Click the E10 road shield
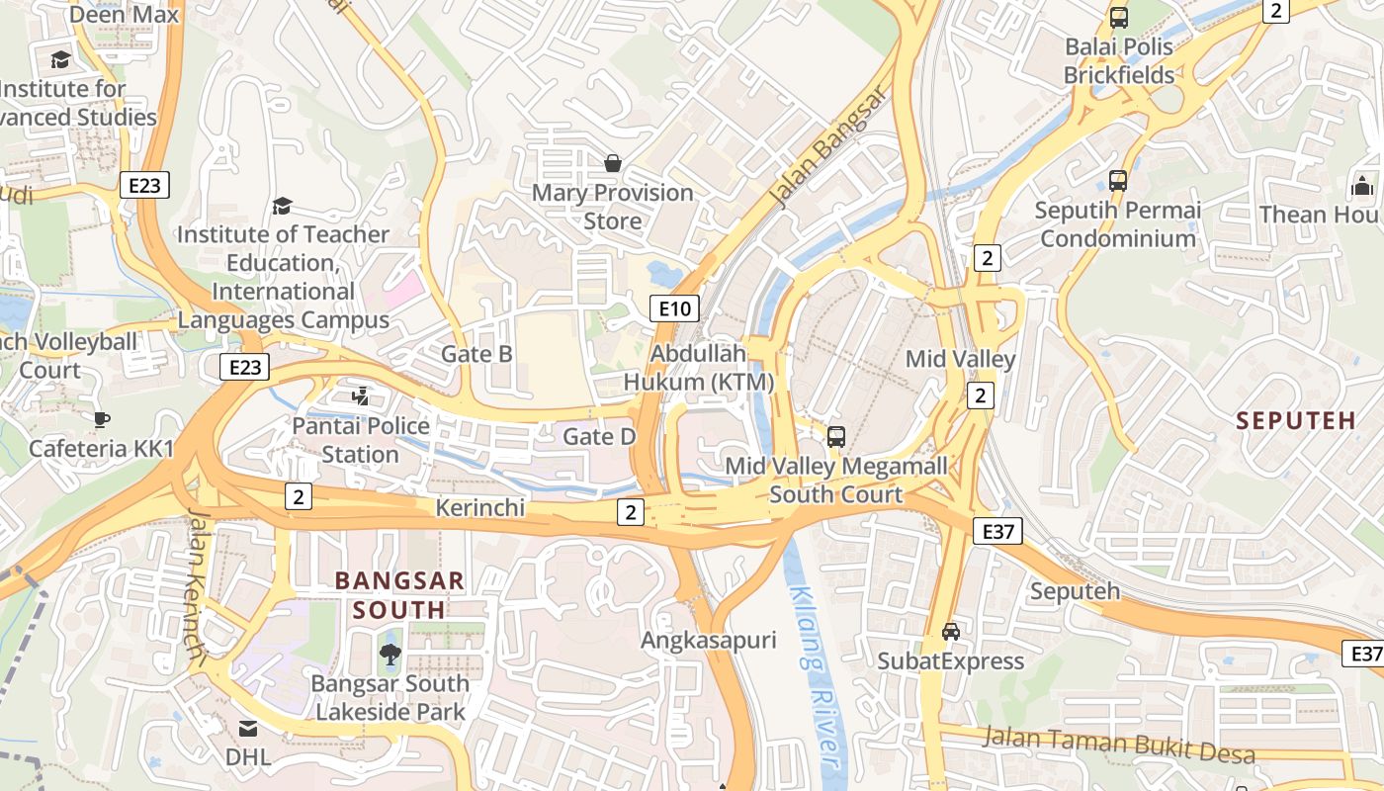pyautogui.click(x=675, y=308)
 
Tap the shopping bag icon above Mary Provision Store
pyautogui.click(x=613, y=162)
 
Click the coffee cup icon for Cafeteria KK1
pyautogui.click(x=101, y=419)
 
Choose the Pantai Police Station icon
pyautogui.click(x=361, y=396)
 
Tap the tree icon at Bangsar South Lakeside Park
pyautogui.click(x=389, y=653)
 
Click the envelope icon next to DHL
pyautogui.click(x=247, y=729)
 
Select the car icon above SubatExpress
pyautogui.click(x=950, y=631)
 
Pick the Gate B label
pyautogui.click(x=476, y=354)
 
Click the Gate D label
pyautogui.click(x=599, y=436)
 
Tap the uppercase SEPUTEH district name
pyautogui.click(x=1296, y=420)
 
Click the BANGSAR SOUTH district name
pyautogui.click(x=399, y=594)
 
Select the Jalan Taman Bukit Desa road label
pyautogui.click(x=1119, y=745)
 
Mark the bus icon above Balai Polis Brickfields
pyautogui.click(x=1119, y=17)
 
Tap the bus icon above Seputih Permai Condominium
pyautogui.click(x=1118, y=181)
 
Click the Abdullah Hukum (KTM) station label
pyautogui.click(x=699, y=368)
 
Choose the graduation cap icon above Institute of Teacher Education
pyautogui.click(x=283, y=206)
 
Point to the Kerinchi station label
pyautogui.click(x=479, y=507)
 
